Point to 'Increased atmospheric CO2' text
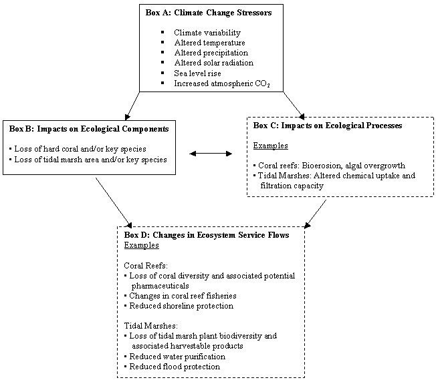pyautogui.click(x=220, y=83)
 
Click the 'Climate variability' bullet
pyautogui.click(x=207, y=32)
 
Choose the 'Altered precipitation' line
pyautogui.click(x=211, y=53)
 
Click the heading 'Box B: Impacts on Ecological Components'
pyautogui.click(x=89, y=128)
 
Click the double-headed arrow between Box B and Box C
pyautogui.click(x=211, y=154)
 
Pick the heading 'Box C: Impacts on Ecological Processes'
pyautogui.click(x=337, y=125)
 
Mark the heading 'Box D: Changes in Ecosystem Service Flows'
pyautogui.click(x=207, y=235)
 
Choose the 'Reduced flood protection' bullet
pyautogui.click(x=175, y=367)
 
